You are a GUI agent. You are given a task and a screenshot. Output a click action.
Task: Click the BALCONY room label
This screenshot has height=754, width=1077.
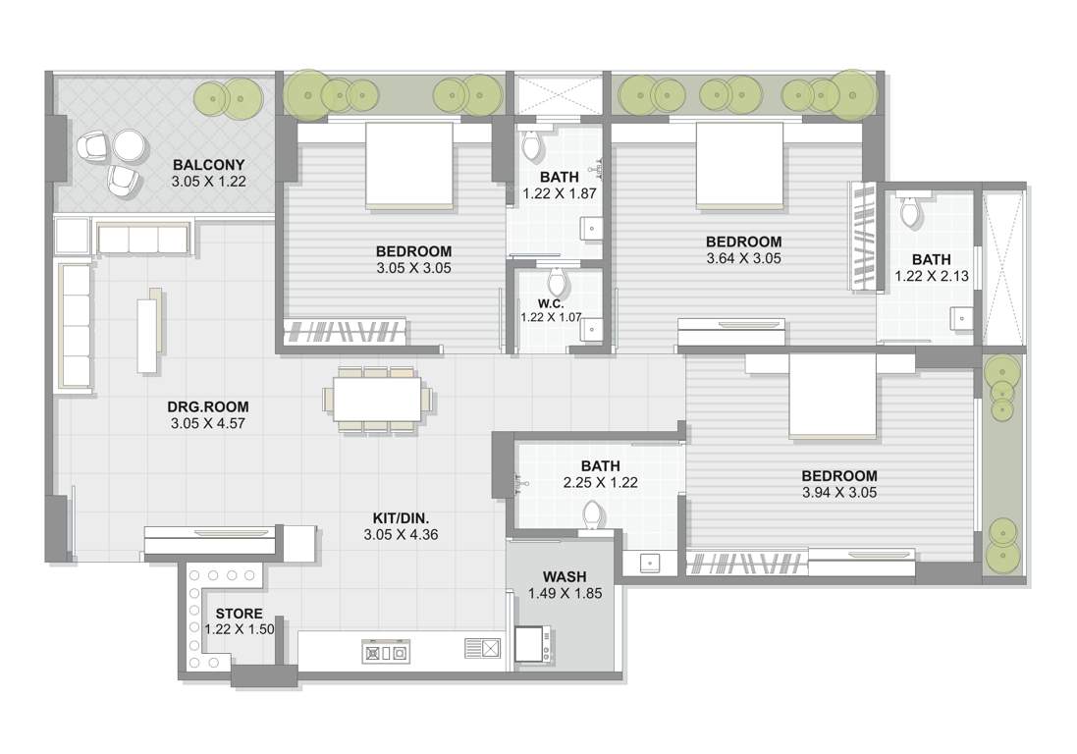pyautogui.click(x=208, y=164)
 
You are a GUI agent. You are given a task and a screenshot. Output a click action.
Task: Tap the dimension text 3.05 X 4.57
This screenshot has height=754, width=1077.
pyautogui.click(x=208, y=424)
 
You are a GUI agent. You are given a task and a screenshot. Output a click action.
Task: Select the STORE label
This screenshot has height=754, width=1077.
pyautogui.click(x=240, y=614)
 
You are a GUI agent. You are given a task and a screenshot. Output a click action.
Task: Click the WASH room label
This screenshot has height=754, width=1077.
pyautogui.click(x=565, y=576)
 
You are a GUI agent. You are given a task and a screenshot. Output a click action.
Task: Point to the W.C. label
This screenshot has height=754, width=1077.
pyautogui.click(x=551, y=302)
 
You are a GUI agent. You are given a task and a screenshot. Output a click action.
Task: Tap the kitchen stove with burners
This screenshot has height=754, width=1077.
pyautogui.click(x=385, y=652)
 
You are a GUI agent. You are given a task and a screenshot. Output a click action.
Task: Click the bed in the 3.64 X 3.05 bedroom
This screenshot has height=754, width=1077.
pyautogui.click(x=739, y=164)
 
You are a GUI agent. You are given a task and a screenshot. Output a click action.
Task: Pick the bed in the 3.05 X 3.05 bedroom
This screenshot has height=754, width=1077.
pyautogui.click(x=409, y=164)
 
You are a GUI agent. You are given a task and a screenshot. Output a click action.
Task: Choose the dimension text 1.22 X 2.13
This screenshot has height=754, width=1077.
pyautogui.click(x=932, y=277)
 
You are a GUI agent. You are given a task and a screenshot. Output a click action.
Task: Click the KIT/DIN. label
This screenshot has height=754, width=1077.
pyautogui.click(x=401, y=518)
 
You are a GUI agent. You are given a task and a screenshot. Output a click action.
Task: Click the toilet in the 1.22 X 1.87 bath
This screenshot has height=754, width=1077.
pyautogui.click(x=532, y=147)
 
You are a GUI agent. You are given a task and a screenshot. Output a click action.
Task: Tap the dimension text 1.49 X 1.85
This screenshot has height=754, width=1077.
pyautogui.click(x=565, y=594)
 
